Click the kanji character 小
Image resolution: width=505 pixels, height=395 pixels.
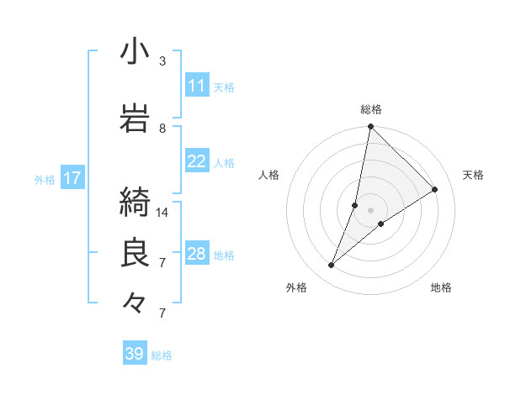(x=135, y=51)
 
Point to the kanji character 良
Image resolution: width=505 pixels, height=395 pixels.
(x=135, y=253)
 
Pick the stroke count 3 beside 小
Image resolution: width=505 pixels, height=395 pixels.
(x=162, y=61)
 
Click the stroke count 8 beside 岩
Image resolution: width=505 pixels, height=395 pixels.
(x=162, y=128)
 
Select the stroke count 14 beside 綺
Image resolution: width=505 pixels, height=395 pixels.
(x=162, y=212)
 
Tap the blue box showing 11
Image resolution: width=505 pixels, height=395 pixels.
(x=197, y=86)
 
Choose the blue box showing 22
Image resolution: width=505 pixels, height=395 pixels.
(x=197, y=161)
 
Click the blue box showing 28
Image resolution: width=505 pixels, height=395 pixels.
(x=197, y=254)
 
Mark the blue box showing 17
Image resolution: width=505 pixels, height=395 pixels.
(x=72, y=178)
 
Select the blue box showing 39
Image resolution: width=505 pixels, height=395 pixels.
(x=135, y=354)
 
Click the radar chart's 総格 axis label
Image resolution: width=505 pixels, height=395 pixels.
(x=371, y=109)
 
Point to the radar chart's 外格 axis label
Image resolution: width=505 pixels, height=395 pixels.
(x=296, y=287)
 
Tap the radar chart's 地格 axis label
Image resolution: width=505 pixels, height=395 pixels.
(x=441, y=287)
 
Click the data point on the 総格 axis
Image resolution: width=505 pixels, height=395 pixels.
(x=370, y=127)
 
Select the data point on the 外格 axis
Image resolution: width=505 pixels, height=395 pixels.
(x=332, y=266)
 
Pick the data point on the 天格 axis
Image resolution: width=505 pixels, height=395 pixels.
(x=435, y=189)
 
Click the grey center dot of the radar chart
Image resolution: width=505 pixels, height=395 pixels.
(x=370, y=210)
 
